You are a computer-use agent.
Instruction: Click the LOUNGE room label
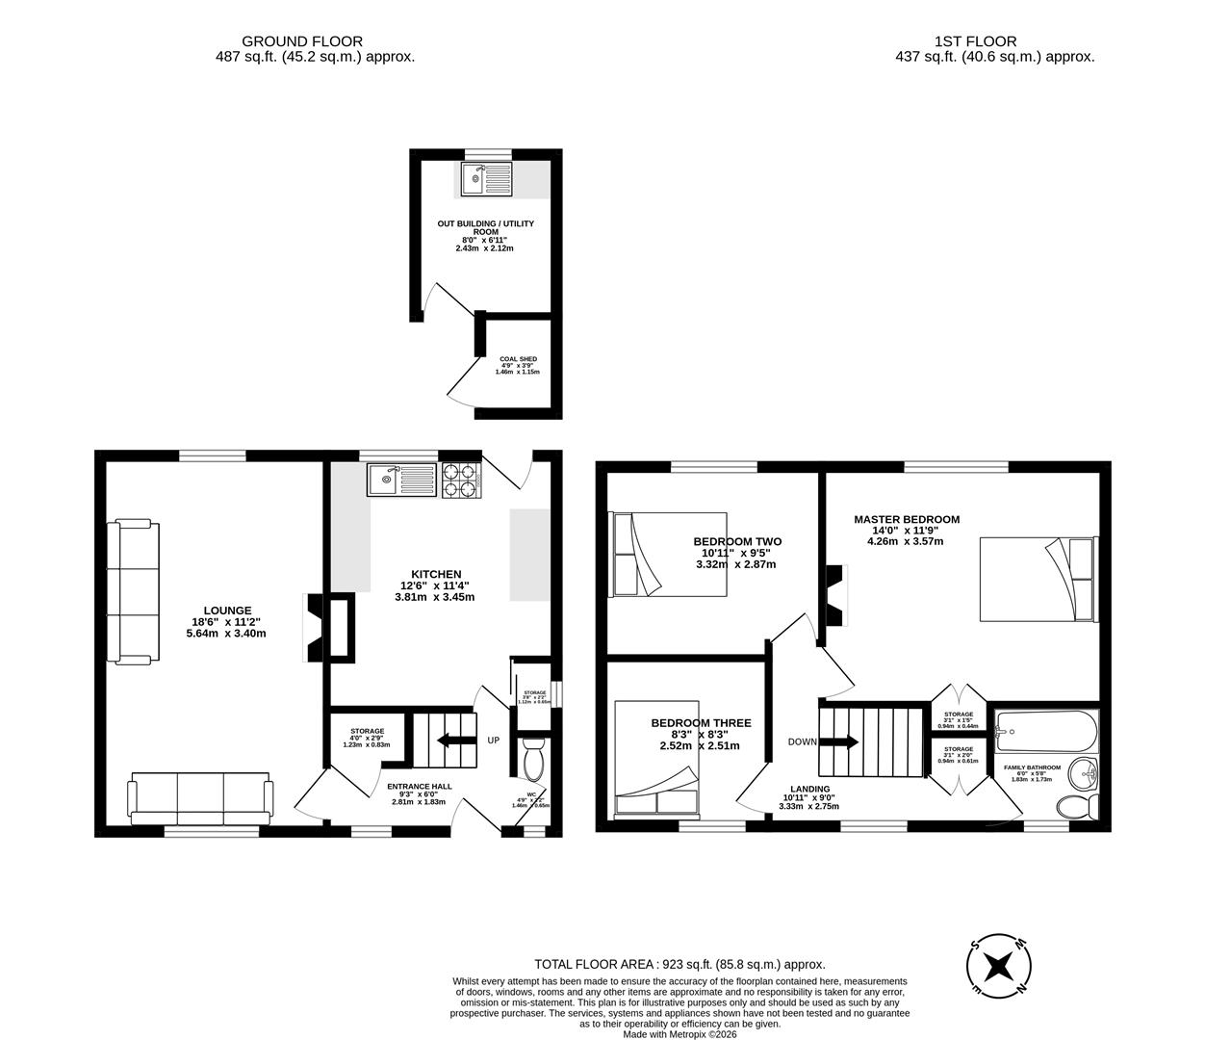227,611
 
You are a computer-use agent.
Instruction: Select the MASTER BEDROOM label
907,519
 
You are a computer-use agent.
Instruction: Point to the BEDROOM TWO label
737,541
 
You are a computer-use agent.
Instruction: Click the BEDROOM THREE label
701,723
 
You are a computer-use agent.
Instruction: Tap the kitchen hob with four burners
460,480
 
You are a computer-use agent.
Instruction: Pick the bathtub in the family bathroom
1044,734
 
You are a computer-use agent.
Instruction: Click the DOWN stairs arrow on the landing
838,741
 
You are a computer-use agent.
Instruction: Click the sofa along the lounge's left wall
133,591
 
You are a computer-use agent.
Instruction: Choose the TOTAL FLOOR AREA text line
679,964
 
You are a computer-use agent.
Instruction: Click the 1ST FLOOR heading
975,41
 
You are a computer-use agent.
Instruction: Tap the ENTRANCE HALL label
419,787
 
